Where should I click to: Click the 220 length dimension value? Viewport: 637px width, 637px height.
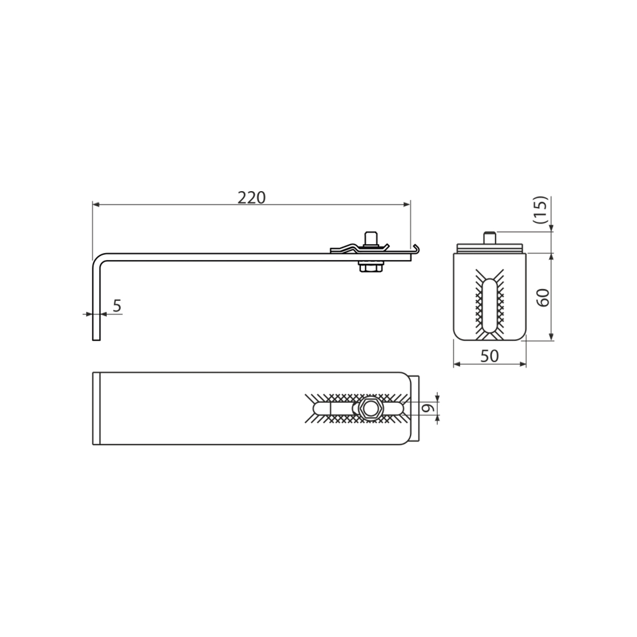pos(251,198)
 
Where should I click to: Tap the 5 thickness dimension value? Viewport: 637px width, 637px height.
pos(117,306)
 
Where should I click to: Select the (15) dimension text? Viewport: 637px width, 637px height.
pos(541,209)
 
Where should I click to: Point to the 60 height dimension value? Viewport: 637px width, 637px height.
pos(543,297)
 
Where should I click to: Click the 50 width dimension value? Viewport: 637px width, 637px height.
pos(489,356)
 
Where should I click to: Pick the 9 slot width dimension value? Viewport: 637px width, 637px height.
pos(426,408)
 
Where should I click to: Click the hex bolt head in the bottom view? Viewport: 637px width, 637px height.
pos(369,409)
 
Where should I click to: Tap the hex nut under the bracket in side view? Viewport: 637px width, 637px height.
pos(370,267)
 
